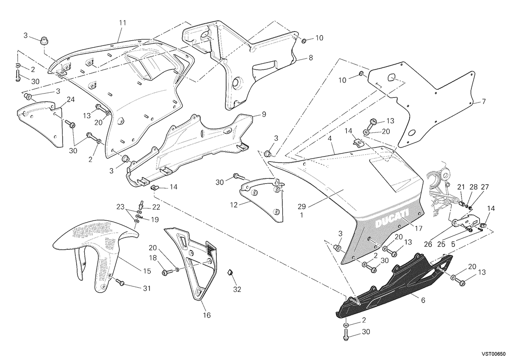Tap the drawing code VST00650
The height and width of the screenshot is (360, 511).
497,354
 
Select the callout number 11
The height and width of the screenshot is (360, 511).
123,23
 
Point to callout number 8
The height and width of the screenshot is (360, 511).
311,58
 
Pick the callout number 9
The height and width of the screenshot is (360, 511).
264,114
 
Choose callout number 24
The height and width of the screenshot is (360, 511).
71,100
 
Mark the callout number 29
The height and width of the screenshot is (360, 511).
301,206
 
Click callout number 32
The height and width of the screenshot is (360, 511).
237,289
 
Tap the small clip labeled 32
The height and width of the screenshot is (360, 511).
230,272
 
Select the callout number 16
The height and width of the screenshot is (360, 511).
207,315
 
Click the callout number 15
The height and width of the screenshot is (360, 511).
147,271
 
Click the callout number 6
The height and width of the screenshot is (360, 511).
423,300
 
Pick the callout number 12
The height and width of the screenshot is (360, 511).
234,205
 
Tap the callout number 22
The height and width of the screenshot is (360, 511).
156,207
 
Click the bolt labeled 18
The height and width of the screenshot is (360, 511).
166,273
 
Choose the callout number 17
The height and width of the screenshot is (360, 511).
419,228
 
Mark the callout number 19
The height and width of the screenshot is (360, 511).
155,220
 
